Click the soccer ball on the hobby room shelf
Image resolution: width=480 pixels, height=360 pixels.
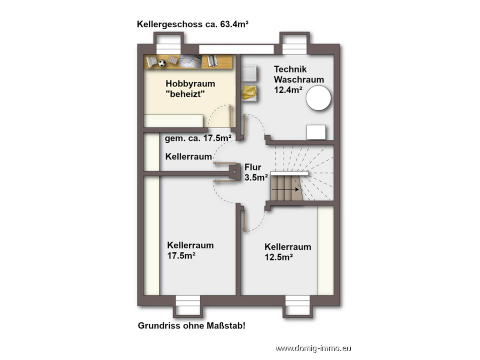click(x=162, y=63)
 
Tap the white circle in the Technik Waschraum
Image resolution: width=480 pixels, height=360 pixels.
click(x=318, y=98)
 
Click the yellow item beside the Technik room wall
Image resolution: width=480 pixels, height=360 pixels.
click(x=249, y=93)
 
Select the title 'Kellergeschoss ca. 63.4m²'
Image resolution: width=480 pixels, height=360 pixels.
click(x=193, y=24)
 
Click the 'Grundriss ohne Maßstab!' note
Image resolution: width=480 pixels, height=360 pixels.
click(x=192, y=326)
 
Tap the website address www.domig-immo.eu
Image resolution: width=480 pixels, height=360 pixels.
click(x=313, y=348)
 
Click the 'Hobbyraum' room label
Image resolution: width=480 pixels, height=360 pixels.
click(x=190, y=84)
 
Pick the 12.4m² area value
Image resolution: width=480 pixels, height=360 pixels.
click(x=288, y=90)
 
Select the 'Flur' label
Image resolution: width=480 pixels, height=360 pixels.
click(x=253, y=167)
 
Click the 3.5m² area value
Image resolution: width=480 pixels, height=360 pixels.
click(x=256, y=177)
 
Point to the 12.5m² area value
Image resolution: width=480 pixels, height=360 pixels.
click(x=279, y=257)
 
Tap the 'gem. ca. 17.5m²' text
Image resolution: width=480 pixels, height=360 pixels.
click(x=198, y=138)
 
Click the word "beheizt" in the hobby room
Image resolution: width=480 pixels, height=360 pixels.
click(x=185, y=94)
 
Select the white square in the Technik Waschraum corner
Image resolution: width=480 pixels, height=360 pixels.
click(x=316, y=132)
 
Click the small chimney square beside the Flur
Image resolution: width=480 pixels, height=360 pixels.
click(x=234, y=171)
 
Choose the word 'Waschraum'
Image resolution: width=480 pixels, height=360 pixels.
click(x=299, y=80)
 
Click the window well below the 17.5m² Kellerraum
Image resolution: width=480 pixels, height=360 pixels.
click(x=188, y=306)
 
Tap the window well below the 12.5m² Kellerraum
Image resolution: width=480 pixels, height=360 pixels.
click(x=297, y=306)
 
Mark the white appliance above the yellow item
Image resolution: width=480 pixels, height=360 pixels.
click(x=249, y=73)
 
